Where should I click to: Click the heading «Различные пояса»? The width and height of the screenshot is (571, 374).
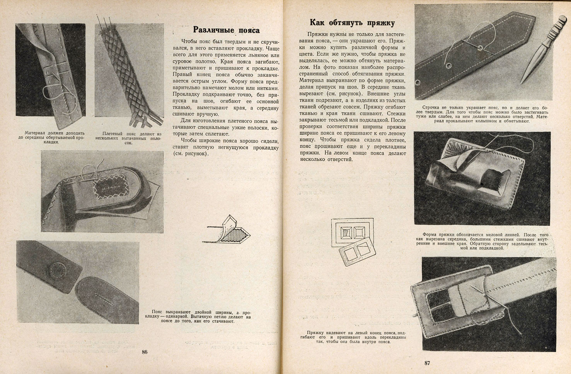click(x=226, y=30)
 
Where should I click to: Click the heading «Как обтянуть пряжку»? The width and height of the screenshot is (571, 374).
click(x=352, y=22)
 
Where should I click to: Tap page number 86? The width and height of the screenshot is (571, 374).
click(x=145, y=352)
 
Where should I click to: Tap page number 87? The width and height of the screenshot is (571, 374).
click(x=427, y=363)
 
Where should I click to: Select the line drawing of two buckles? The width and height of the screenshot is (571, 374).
click(x=353, y=242)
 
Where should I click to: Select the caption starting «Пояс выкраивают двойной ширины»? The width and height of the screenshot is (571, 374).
click(x=201, y=316)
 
